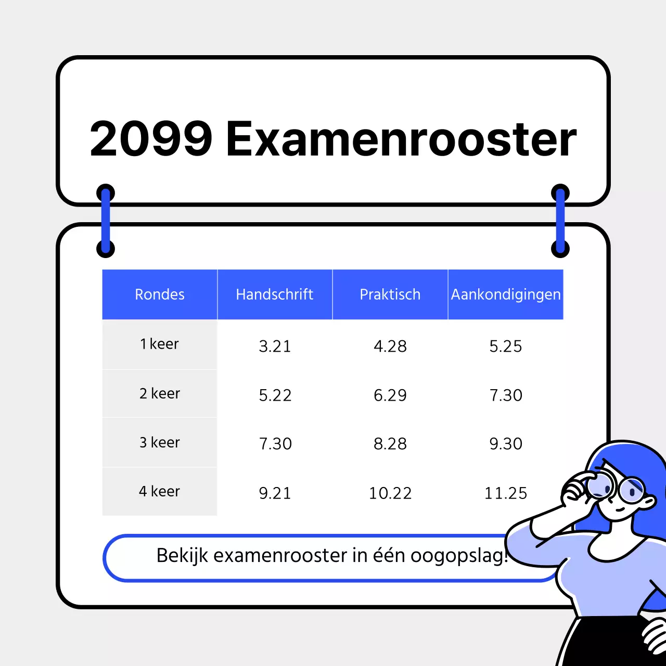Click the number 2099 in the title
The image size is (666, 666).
151,139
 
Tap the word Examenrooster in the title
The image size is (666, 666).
401,139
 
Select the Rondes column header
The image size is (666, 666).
160,294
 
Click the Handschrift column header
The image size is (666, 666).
275,294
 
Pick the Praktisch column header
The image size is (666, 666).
390,294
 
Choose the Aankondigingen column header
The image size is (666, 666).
506,294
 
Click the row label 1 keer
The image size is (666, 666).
159,344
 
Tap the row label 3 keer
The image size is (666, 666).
159,442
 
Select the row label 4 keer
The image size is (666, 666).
159,491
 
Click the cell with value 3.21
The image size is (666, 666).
275,346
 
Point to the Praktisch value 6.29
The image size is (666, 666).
390,395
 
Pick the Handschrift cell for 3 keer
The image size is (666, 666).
275,444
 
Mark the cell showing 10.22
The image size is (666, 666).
390,493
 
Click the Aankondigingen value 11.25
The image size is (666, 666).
506,493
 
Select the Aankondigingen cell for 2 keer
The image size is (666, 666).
506,395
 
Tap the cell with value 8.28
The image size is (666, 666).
390,444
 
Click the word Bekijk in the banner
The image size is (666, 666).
183,556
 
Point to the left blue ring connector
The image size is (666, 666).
106,221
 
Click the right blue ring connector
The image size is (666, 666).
560,221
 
